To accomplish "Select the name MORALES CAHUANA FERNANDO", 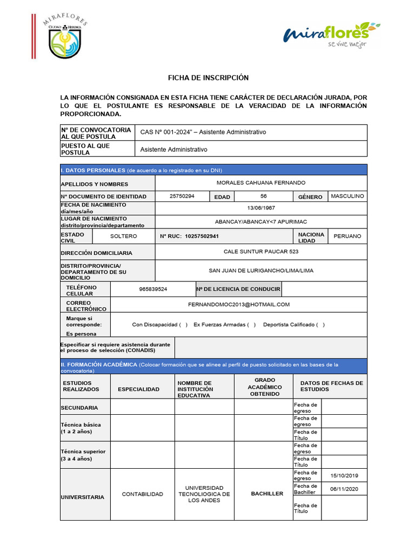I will click(261, 183).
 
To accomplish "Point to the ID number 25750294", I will click(182, 196).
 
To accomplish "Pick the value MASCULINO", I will click(347, 196).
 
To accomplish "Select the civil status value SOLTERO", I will click(124, 236).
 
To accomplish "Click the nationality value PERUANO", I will click(347, 236).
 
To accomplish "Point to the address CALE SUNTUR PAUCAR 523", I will click(261, 252).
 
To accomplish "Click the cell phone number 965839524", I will click(153, 289).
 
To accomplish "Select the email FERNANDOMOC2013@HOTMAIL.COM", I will click(239, 305).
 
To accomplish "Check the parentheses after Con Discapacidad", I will click(184, 325).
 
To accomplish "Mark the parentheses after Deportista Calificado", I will click(320, 325).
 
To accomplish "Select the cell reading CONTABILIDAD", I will click(142, 494).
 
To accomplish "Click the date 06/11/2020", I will click(344, 489).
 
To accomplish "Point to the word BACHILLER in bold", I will click(267, 494).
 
